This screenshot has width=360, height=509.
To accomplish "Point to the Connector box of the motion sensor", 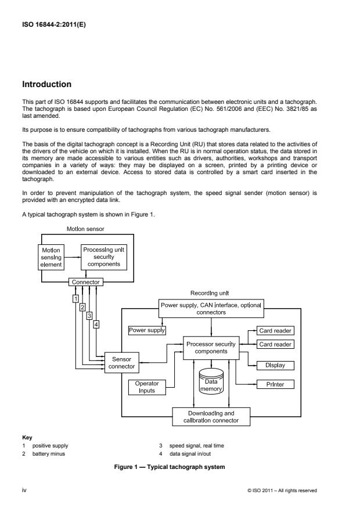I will pos(85,282).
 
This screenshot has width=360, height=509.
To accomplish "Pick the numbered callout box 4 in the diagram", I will pos(96,324).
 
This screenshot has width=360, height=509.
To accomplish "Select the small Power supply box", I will pos(147,330).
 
